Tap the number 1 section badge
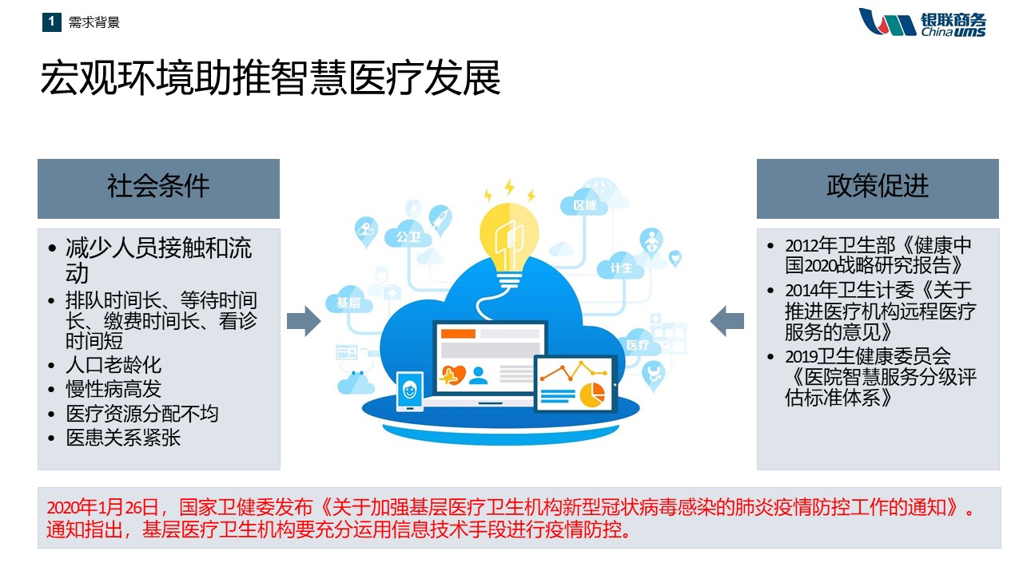52,22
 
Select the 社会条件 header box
158,188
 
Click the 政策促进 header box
878,188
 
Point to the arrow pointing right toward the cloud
304,321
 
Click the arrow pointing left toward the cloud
727,321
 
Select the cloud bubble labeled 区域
584,204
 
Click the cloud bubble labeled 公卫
408,236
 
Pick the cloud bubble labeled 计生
621,267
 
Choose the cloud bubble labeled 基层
348,301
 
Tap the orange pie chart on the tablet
592,395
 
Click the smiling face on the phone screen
410,391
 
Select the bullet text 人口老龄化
113,365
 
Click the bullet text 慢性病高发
113,389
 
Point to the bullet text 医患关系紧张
123,438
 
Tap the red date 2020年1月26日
103,507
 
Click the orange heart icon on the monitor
452,375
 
